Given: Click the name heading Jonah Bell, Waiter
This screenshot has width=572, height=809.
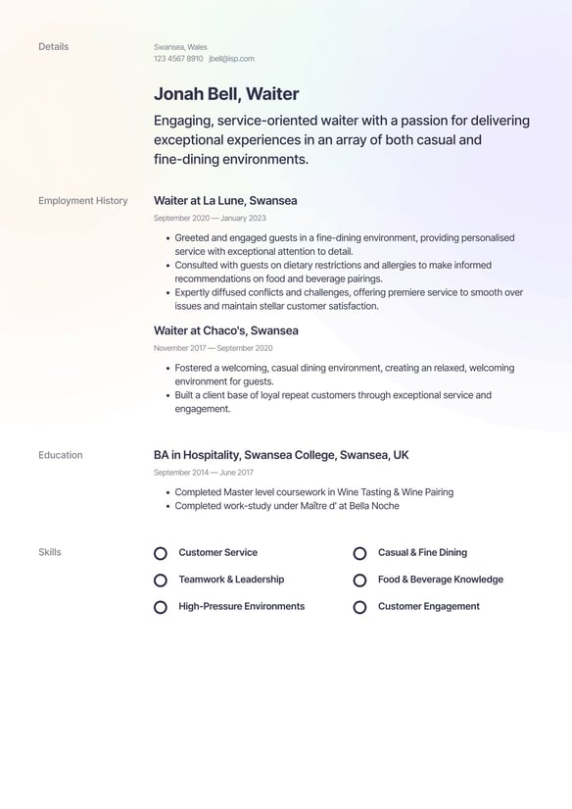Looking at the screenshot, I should (x=226, y=94).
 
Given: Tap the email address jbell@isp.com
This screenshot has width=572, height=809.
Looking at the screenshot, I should (x=231, y=59).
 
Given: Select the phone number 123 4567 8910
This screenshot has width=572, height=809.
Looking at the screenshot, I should (x=178, y=59).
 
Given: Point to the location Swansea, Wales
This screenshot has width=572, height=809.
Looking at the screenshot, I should (x=180, y=47).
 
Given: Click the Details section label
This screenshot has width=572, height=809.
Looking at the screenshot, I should (x=54, y=47).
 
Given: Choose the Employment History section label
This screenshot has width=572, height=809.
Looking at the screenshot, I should (x=83, y=201).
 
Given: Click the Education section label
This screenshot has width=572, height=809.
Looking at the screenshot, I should (x=61, y=455).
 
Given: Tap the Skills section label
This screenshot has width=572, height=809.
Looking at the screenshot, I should (x=50, y=553).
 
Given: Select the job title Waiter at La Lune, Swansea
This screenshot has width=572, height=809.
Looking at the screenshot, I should (x=225, y=201).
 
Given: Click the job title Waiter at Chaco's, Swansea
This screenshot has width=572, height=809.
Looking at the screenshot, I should (x=226, y=331).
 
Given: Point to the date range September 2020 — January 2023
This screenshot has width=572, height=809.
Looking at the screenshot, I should (x=210, y=219).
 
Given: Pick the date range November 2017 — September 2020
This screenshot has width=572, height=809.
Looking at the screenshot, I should (x=213, y=348).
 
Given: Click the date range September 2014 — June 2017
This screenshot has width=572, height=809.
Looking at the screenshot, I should (x=203, y=473).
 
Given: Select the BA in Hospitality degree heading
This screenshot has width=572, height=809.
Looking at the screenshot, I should (x=281, y=455).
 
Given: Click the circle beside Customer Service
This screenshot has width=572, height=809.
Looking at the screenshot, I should (x=161, y=554).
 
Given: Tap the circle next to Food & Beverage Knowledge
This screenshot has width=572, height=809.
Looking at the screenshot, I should (x=359, y=581).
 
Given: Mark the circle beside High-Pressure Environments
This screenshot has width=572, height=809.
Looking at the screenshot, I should (x=161, y=607).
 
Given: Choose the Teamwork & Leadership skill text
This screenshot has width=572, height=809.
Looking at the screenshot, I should (x=231, y=580).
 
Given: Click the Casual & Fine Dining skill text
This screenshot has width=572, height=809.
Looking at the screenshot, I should (x=422, y=553).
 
